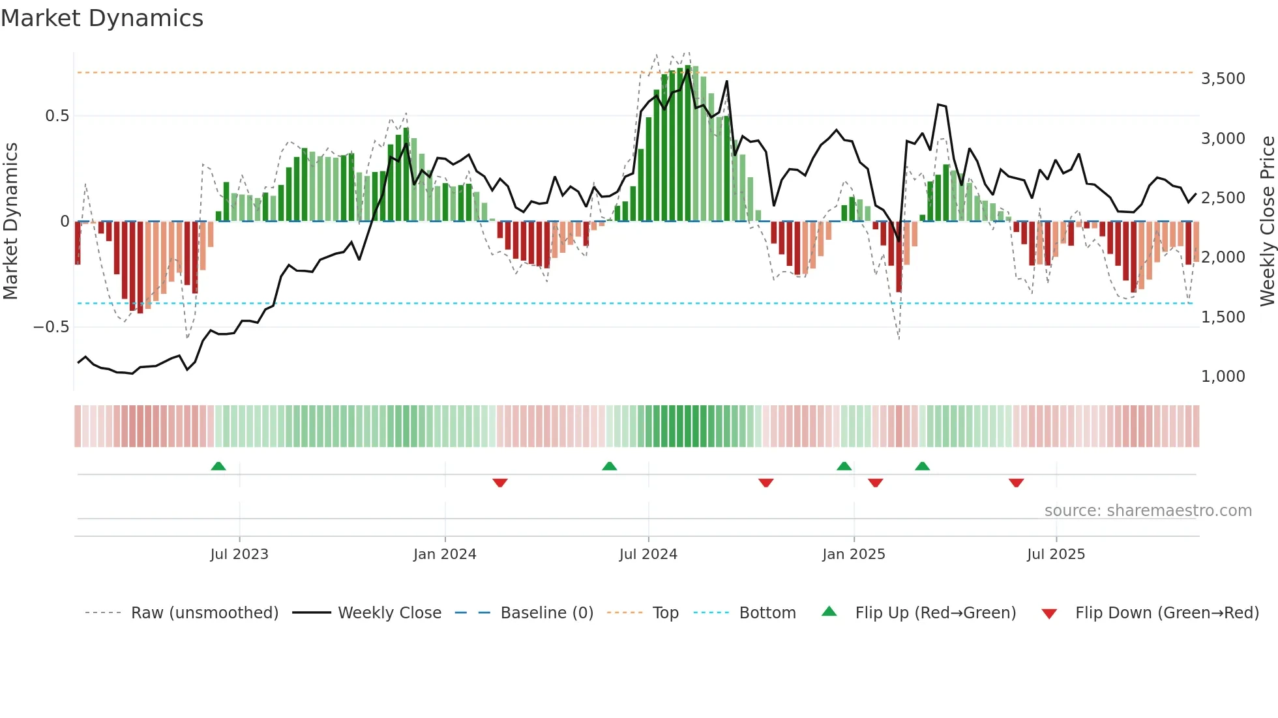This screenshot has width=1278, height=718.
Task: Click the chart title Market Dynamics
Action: point(102,18)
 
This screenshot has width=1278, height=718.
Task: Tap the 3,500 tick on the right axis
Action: point(1223,79)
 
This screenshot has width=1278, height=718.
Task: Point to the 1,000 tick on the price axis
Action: point(1223,377)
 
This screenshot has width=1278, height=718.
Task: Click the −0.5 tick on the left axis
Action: point(51,327)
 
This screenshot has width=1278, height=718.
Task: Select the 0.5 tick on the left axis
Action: point(57,116)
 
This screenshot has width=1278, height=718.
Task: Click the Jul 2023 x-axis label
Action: point(239,554)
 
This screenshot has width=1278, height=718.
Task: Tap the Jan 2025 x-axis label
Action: point(854,554)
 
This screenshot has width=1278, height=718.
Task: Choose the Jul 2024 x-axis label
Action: point(648,554)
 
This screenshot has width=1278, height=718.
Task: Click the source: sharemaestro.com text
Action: point(1148,511)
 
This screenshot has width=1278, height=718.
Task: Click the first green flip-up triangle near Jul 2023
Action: point(218,467)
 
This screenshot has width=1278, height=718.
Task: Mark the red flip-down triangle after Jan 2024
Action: point(500,483)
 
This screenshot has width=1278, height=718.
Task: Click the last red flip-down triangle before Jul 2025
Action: point(1016,483)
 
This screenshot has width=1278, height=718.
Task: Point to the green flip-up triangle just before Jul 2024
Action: point(609,467)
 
